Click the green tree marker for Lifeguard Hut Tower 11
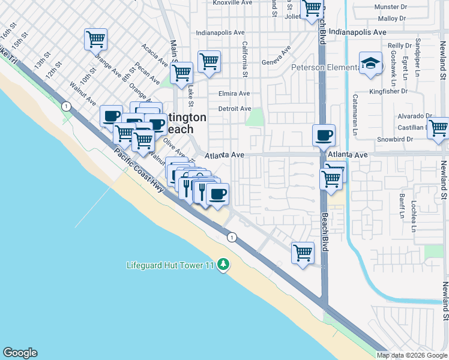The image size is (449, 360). (223, 265)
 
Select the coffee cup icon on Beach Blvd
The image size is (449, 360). (324, 135)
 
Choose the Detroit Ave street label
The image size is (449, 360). (234, 109)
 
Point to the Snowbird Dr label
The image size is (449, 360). (392, 139)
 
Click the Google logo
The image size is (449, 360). (20, 353)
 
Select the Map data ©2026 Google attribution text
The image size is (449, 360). (412, 355)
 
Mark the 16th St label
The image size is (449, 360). (8, 35)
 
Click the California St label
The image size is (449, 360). (244, 59)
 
